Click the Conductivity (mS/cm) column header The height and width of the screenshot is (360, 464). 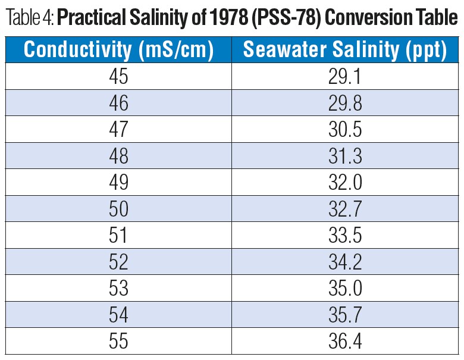[x=118, y=50]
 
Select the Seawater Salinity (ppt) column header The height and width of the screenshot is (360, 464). [x=345, y=50]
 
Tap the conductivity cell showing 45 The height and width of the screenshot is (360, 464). [x=118, y=77]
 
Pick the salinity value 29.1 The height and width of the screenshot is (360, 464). [x=345, y=77]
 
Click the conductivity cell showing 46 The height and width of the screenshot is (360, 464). [x=118, y=103]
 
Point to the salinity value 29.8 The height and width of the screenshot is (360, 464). [x=345, y=103]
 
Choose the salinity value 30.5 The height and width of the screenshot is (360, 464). [x=345, y=130]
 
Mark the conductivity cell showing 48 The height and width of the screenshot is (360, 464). [x=118, y=156]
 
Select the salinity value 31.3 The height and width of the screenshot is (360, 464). [x=345, y=156]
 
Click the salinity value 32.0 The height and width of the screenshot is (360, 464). [x=345, y=183]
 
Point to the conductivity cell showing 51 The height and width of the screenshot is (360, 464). [x=118, y=236]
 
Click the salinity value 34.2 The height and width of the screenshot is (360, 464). [x=345, y=262]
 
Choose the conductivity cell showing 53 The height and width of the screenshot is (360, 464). [x=118, y=289]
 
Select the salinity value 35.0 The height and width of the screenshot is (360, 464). [x=345, y=289]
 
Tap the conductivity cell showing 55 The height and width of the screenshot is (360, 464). [x=118, y=342]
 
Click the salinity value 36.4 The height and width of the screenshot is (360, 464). [x=345, y=342]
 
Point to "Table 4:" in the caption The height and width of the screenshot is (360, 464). [x=30, y=20]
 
